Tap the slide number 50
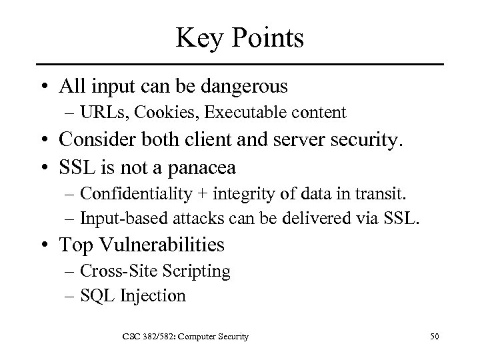(435, 337)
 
